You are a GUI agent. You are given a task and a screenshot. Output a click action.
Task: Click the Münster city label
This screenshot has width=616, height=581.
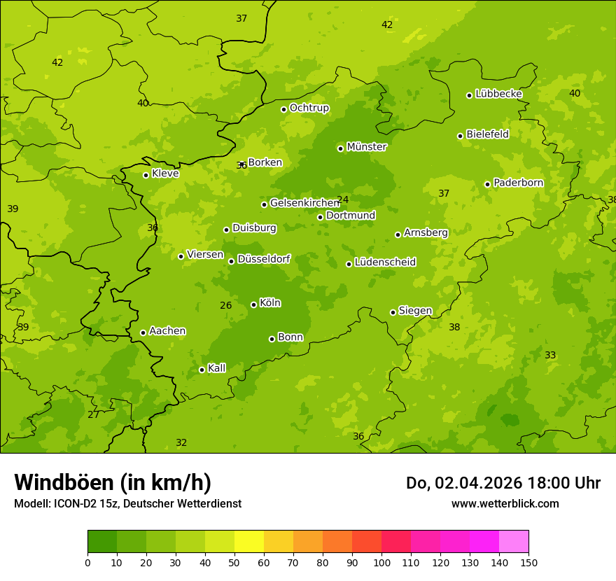tap(366, 147)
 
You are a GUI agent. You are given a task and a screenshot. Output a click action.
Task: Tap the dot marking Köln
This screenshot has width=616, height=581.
tap(253, 304)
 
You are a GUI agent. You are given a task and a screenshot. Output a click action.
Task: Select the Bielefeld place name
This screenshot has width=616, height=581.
tap(487, 134)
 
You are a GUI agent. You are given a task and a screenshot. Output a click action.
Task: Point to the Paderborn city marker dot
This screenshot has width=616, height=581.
tap(488, 184)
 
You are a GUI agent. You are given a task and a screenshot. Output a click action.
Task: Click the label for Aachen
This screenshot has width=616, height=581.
tap(167, 331)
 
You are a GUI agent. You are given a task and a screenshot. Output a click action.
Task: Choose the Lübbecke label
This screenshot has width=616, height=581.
tap(498, 94)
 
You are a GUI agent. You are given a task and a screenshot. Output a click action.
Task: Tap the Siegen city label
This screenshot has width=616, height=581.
tap(415, 311)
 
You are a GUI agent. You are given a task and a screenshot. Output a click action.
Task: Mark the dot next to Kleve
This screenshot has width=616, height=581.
tap(146, 175)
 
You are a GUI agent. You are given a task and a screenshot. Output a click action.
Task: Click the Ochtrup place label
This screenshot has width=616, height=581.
tap(309, 108)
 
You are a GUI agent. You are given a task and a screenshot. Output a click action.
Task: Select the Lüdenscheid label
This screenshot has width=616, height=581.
tap(385, 262)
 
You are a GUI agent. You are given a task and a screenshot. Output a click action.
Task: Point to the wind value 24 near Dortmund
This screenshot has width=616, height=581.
tap(342, 199)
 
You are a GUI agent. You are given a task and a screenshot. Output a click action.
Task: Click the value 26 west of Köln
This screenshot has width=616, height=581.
tap(225, 305)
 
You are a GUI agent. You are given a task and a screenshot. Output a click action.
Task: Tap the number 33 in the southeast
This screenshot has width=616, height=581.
tap(550, 355)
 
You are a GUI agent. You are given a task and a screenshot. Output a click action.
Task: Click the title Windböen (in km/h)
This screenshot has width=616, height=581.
tap(113, 482)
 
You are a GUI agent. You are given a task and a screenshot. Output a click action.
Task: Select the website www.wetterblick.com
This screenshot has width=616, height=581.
tap(505, 503)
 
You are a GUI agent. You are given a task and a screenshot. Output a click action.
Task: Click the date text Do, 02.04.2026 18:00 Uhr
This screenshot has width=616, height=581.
tap(503, 483)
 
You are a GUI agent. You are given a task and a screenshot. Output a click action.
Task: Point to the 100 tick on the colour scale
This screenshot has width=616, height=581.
tap(381, 562)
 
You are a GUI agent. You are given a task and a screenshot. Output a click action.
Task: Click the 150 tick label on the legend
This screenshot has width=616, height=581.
tap(528, 562)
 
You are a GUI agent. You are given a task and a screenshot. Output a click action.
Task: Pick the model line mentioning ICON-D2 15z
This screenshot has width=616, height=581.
tap(127, 503)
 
